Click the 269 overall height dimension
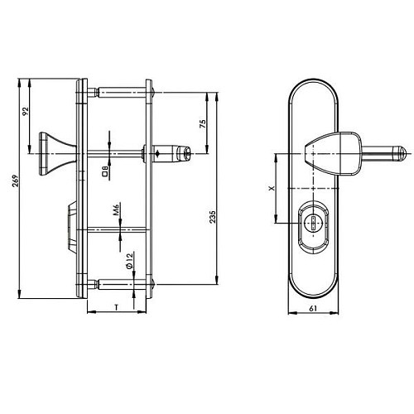pyautogui.click(x=16, y=181)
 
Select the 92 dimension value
pyautogui.click(x=26, y=111)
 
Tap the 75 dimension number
pyautogui.click(x=202, y=123)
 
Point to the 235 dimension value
pyautogui.click(x=212, y=217)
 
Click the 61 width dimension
pyautogui.click(x=313, y=309)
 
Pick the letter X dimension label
pyautogui.click(x=272, y=188)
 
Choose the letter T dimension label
pyautogui.click(x=117, y=307)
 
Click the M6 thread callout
pyautogui.click(x=116, y=209)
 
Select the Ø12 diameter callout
pyautogui.click(x=129, y=261)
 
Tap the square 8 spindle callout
pyautogui.click(x=105, y=171)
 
